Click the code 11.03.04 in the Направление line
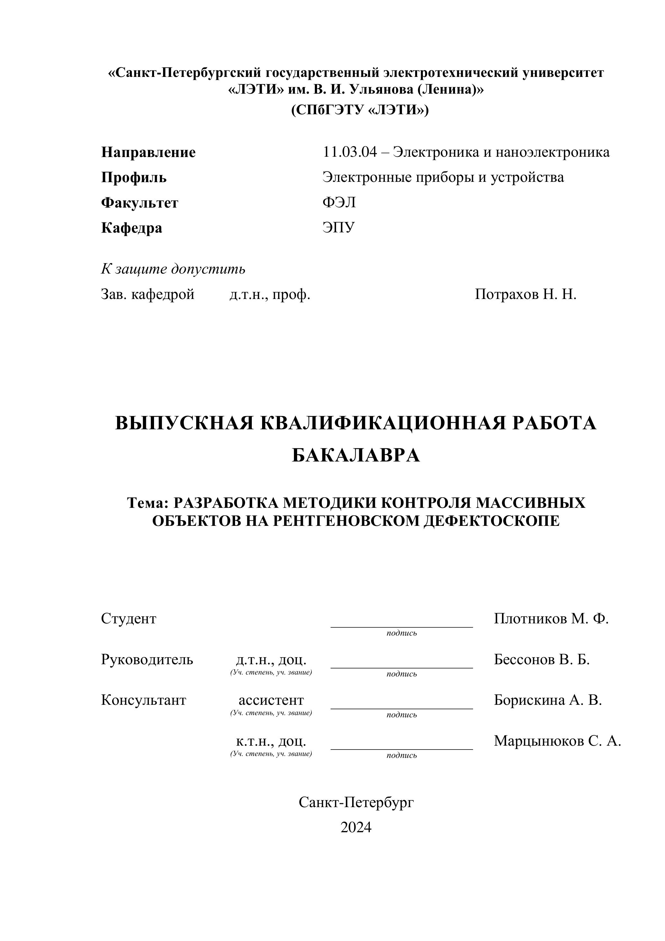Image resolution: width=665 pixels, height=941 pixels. [349, 153]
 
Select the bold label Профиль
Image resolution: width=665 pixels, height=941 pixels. [134, 178]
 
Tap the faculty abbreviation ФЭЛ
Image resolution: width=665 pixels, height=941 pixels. [339, 202]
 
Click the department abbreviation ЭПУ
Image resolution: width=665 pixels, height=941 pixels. [339, 228]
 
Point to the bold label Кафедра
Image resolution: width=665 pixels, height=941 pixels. [132, 228]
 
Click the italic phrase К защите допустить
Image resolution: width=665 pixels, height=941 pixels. [173, 269]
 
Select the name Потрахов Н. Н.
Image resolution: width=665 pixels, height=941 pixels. [525, 294]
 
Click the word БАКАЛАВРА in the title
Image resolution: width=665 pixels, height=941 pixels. [356, 455]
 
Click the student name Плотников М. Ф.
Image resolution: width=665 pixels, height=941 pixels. [551, 619]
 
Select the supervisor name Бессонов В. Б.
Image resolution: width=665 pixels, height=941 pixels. [541, 659]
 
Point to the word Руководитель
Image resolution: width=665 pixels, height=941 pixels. [147, 659]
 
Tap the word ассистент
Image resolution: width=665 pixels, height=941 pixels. [271, 700]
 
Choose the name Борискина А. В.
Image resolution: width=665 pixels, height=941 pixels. [548, 700]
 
